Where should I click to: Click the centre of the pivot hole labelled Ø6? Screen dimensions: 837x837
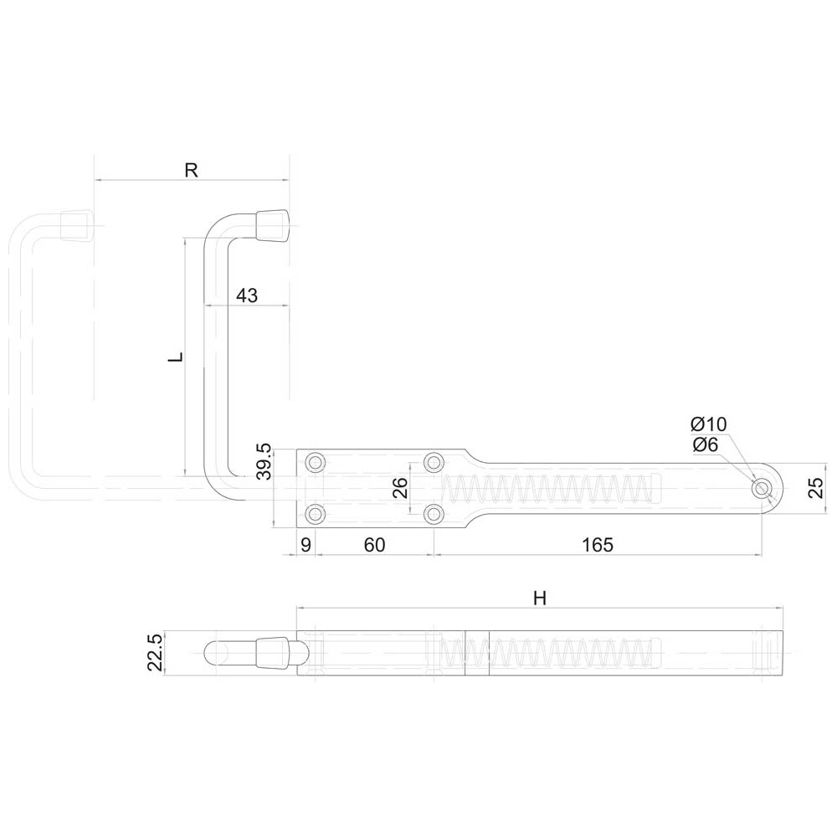tap(761, 489)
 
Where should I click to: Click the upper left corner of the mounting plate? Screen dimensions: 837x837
tap(297, 449)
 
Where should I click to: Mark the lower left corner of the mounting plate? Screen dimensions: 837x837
tap(297, 527)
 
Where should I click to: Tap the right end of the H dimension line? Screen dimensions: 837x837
tap(783, 608)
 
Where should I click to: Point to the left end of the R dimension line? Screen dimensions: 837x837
tap(95, 181)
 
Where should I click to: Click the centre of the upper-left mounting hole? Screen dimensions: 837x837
tap(316, 462)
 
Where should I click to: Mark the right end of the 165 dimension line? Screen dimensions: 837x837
tap(761, 555)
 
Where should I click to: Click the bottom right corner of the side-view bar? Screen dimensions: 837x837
tap(783, 675)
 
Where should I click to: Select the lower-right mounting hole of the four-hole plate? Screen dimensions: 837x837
tap(434, 514)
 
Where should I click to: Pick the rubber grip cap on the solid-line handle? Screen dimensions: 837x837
tap(272, 226)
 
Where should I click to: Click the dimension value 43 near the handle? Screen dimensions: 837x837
tap(247, 295)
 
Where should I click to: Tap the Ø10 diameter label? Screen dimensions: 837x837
tap(709, 424)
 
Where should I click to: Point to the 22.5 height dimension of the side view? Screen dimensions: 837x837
tap(155, 653)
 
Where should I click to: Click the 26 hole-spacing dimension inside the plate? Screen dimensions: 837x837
tap(400, 487)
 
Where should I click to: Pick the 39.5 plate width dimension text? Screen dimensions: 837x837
tap(264, 461)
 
